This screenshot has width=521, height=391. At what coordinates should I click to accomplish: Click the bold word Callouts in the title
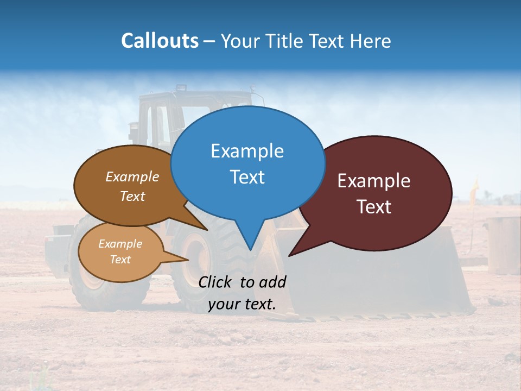click(x=160, y=41)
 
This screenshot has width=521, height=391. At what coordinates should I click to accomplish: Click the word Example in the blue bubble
click(x=247, y=151)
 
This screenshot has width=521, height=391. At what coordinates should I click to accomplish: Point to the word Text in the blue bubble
click(x=247, y=176)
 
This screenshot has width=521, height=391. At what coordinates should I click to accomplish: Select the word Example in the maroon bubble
click(x=374, y=181)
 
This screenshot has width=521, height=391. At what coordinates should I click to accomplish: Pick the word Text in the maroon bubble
click(x=374, y=206)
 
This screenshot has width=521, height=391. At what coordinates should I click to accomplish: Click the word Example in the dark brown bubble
click(x=132, y=176)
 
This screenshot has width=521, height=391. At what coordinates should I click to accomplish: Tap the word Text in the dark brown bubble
click(x=132, y=196)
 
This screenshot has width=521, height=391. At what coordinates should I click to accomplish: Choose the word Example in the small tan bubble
click(x=120, y=244)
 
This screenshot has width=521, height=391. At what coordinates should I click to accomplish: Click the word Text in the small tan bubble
click(x=120, y=260)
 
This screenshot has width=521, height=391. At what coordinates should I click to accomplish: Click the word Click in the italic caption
click(x=217, y=282)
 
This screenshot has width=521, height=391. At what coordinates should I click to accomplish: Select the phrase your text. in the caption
click(x=242, y=304)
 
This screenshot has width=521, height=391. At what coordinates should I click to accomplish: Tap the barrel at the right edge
click(x=503, y=244)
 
